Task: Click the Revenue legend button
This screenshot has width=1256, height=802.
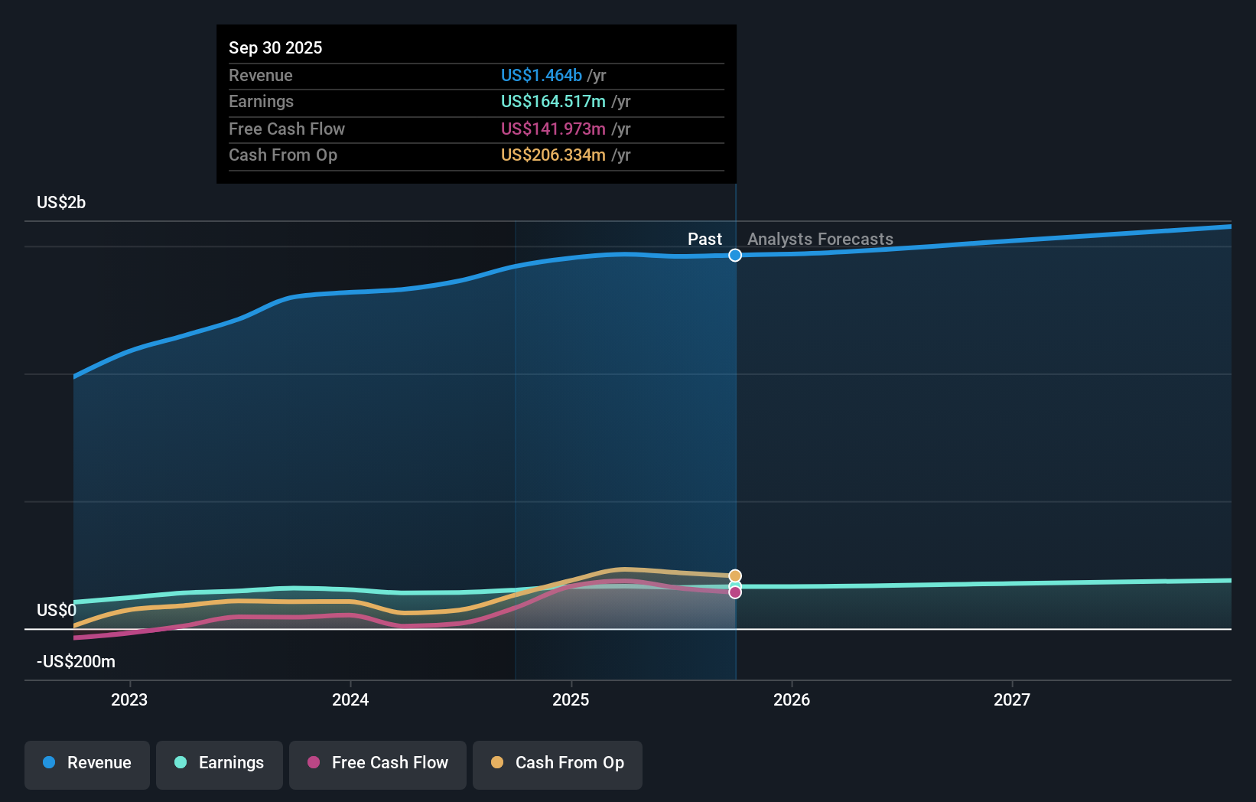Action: [x=87, y=764]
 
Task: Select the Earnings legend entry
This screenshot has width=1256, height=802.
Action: [x=220, y=764]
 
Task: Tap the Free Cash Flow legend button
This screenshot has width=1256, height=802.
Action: [x=378, y=764]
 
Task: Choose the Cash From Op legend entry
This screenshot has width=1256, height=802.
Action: [x=558, y=764]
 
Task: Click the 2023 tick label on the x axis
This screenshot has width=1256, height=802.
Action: [x=129, y=699]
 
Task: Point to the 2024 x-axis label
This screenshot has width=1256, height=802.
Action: [x=350, y=699]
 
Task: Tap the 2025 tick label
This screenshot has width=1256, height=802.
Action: [x=571, y=699]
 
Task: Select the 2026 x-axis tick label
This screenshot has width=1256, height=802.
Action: [x=792, y=699]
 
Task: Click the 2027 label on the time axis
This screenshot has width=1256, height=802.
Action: [x=1012, y=699]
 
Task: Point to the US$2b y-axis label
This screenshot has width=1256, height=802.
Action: [x=61, y=203]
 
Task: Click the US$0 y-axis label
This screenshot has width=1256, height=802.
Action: [x=57, y=611]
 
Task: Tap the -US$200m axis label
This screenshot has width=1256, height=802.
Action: [x=76, y=662]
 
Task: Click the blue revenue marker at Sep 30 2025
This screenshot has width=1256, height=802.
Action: [x=735, y=256]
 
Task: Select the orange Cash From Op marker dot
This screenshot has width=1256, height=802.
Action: [x=735, y=576]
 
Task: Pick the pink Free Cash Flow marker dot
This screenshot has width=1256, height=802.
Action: [x=735, y=592]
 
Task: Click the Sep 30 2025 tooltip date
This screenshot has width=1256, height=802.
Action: [x=275, y=48]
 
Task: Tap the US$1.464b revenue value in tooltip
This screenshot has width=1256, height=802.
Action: [x=542, y=76]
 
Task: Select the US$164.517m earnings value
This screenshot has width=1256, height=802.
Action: [x=553, y=102]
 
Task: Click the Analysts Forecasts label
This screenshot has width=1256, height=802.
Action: [x=820, y=240]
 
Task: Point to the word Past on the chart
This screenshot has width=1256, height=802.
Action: [x=704, y=240]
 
